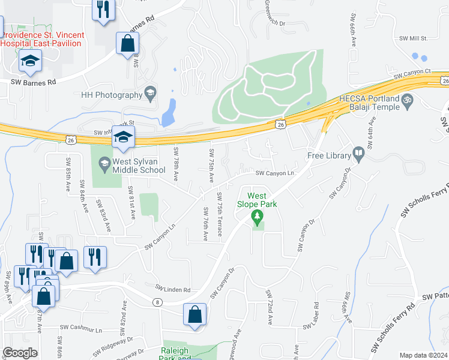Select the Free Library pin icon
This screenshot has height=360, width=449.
(359, 155)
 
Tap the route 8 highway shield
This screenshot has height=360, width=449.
(157, 302)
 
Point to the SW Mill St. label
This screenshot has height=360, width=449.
(413, 38)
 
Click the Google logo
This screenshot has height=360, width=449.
(20, 353)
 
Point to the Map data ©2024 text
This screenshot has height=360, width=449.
(423, 355)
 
